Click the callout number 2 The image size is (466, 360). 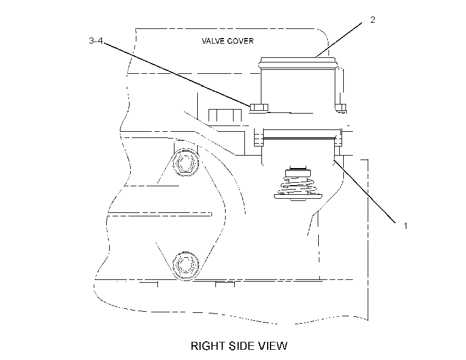click(373, 20)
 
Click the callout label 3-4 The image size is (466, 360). click(95, 41)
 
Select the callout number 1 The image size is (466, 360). click(405, 226)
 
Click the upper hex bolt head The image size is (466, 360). click(186, 162)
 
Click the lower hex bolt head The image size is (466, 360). click(185, 265)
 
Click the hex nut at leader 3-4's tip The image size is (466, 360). click(259, 107)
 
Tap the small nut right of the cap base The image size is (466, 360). click(340, 107)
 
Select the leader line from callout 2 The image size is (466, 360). click(339, 40)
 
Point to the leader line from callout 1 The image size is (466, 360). click(364, 191)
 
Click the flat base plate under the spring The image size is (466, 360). click(298, 196)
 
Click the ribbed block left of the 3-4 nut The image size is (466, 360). click(224, 115)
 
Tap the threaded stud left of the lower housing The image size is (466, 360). click(259, 137)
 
